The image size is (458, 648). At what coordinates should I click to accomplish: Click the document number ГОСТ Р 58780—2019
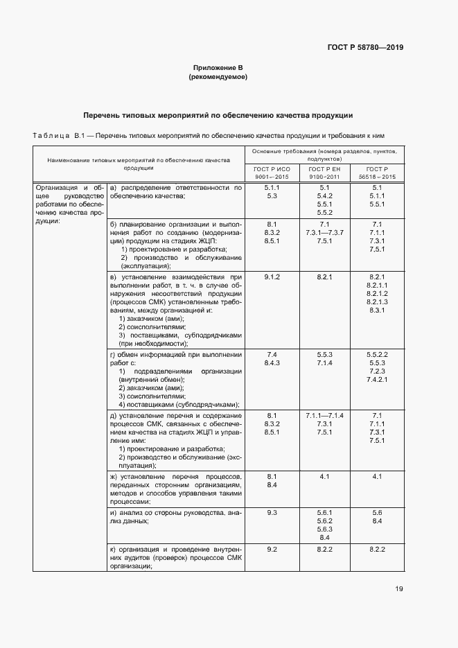point(365,48)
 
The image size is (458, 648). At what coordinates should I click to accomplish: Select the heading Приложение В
point(218,68)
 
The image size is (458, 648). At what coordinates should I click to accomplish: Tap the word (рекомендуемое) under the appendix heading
point(218,77)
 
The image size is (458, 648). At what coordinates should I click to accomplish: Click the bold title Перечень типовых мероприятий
point(218,115)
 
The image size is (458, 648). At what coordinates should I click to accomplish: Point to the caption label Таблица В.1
point(54,136)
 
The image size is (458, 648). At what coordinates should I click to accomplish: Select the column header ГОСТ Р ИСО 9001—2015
point(272,173)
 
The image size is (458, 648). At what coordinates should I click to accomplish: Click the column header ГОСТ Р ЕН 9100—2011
point(324,173)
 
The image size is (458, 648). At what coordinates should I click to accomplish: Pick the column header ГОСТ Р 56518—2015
point(377,173)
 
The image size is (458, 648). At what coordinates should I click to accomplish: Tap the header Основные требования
point(324,154)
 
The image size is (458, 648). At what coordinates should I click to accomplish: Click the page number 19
point(399,589)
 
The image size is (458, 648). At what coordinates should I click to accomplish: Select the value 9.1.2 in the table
point(272,277)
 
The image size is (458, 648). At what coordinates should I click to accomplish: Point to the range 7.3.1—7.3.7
point(324,232)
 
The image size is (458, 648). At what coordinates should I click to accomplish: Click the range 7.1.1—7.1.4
point(324,414)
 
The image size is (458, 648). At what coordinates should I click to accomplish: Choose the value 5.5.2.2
point(378,354)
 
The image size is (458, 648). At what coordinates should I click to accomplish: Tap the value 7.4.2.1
point(378,380)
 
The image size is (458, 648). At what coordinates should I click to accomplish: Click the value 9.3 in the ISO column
point(272,512)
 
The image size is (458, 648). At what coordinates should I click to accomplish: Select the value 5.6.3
point(324,529)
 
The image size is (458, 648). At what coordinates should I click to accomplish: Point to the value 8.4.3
point(272,362)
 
